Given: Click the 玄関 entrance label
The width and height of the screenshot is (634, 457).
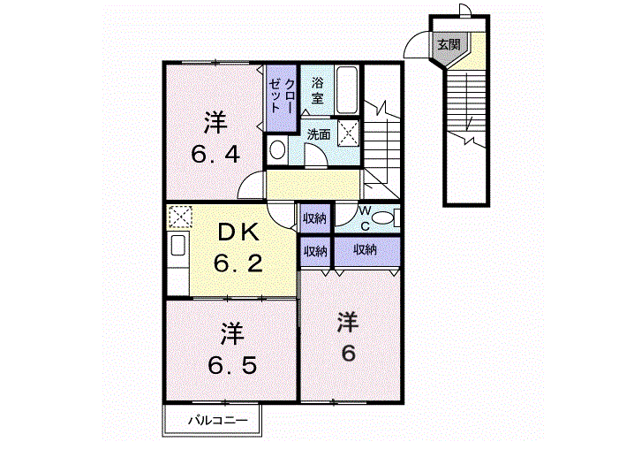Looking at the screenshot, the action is tap(449, 44).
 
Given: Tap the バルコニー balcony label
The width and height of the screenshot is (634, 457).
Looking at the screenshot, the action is tap(217, 420).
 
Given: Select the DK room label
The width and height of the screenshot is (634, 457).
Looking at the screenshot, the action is tap(238, 232).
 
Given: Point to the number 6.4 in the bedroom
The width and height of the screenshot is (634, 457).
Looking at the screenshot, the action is tap(215, 154).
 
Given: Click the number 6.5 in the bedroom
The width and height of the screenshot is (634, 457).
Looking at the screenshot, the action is tap(232, 366).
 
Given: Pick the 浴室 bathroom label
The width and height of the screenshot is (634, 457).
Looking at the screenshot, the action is tap(317, 91).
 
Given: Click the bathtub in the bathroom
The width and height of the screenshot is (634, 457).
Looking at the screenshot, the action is tap(346, 90).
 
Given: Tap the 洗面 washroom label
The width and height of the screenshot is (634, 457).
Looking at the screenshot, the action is tap(319, 134).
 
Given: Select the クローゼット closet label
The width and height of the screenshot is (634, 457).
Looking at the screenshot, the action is tap(283, 95).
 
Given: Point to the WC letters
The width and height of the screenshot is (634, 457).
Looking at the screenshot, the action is tap(365, 218).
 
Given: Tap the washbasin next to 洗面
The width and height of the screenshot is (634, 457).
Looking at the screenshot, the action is tap(277, 149).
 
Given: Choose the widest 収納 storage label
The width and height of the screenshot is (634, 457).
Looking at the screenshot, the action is tap(365, 250).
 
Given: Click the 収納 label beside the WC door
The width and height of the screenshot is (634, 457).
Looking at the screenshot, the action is tap(314, 218).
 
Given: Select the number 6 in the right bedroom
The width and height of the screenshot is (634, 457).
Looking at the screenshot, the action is tap(348, 354).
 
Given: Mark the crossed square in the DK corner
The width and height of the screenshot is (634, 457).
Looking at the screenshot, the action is tap(180, 217).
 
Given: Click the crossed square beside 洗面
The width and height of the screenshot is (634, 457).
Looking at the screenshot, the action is tap(348, 132).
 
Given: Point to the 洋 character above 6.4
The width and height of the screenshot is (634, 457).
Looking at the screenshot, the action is tap(215, 124).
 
